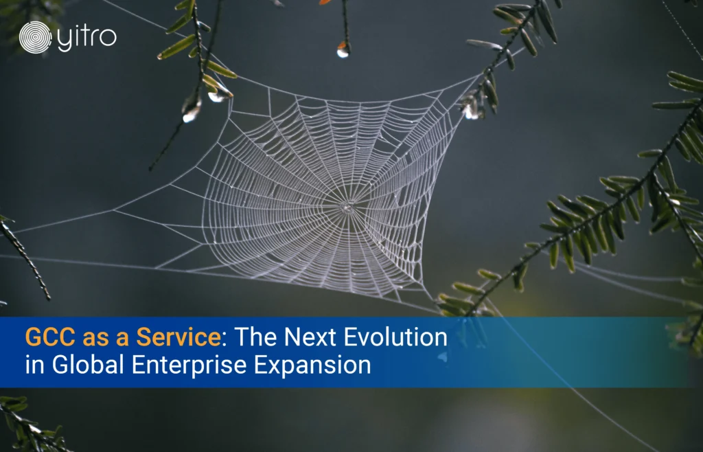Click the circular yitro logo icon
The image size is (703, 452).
coord(36,37)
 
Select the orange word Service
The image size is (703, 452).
coord(178,337)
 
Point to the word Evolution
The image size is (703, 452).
coord(392,337)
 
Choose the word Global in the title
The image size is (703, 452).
coord(88,365)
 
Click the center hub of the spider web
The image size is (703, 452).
coord(347,207)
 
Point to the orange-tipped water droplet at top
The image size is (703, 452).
coord(343,49)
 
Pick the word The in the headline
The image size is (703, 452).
coord(255,337)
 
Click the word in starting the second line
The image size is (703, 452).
coord(35,365)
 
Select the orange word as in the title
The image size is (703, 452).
coord(96,339)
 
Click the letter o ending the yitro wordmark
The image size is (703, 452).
coord(109,38)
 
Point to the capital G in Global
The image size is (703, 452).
coord(60,365)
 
